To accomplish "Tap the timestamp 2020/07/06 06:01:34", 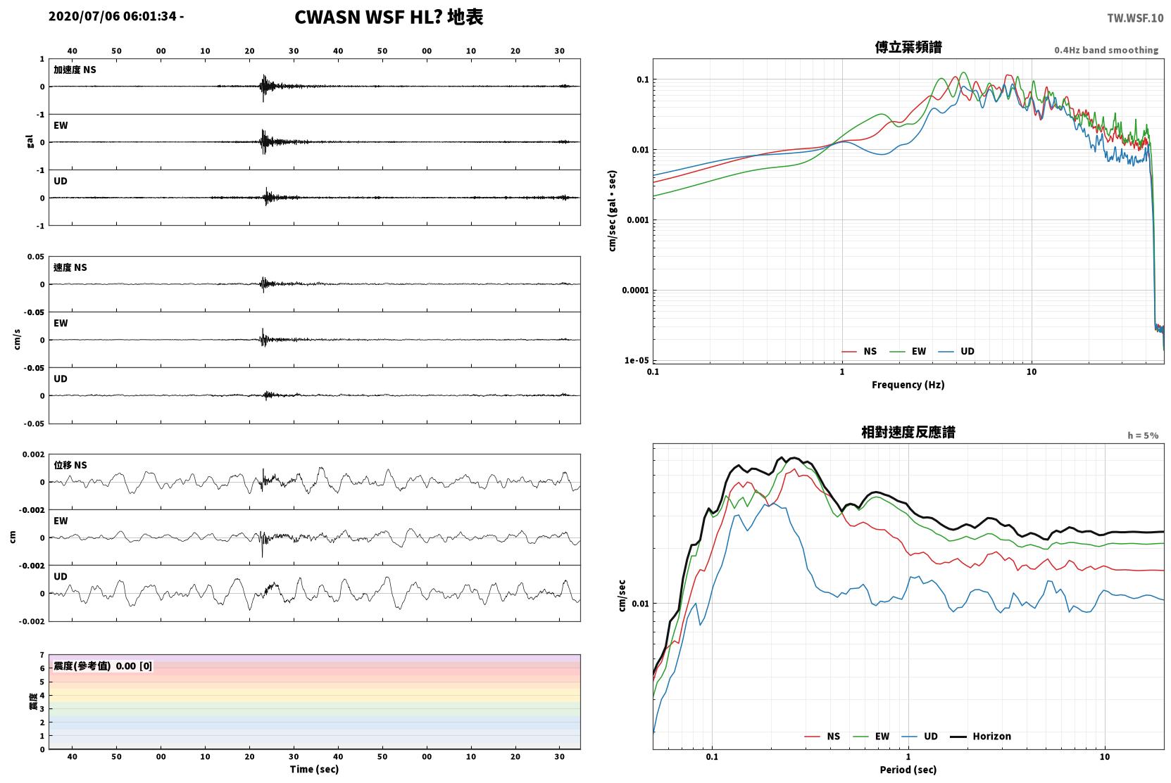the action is click(x=113, y=16).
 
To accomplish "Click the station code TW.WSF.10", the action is click(x=1136, y=18).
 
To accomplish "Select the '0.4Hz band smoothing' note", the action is click(x=1106, y=50).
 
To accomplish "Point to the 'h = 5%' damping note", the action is click(x=1143, y=435).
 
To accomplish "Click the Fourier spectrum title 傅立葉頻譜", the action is click(x=908, y=48).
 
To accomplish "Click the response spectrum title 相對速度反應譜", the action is click(x=908, y=432).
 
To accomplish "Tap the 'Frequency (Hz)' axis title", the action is click(x=908, y=385).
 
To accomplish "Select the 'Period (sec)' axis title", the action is click(x=908, y=770).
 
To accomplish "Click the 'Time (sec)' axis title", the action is click(x=314, y=769).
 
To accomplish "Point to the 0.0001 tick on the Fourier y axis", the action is click(x=635, y=291).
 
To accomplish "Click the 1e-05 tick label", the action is click(x=637, y=360).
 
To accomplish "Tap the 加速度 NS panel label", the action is click(x=75, y=70).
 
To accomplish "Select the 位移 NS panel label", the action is click(x=70, y=465).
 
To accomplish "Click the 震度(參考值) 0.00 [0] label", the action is click(x=103, y=666).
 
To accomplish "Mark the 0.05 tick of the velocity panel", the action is click(x=36, y=257).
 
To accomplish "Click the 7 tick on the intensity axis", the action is click(x=42, y=655).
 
